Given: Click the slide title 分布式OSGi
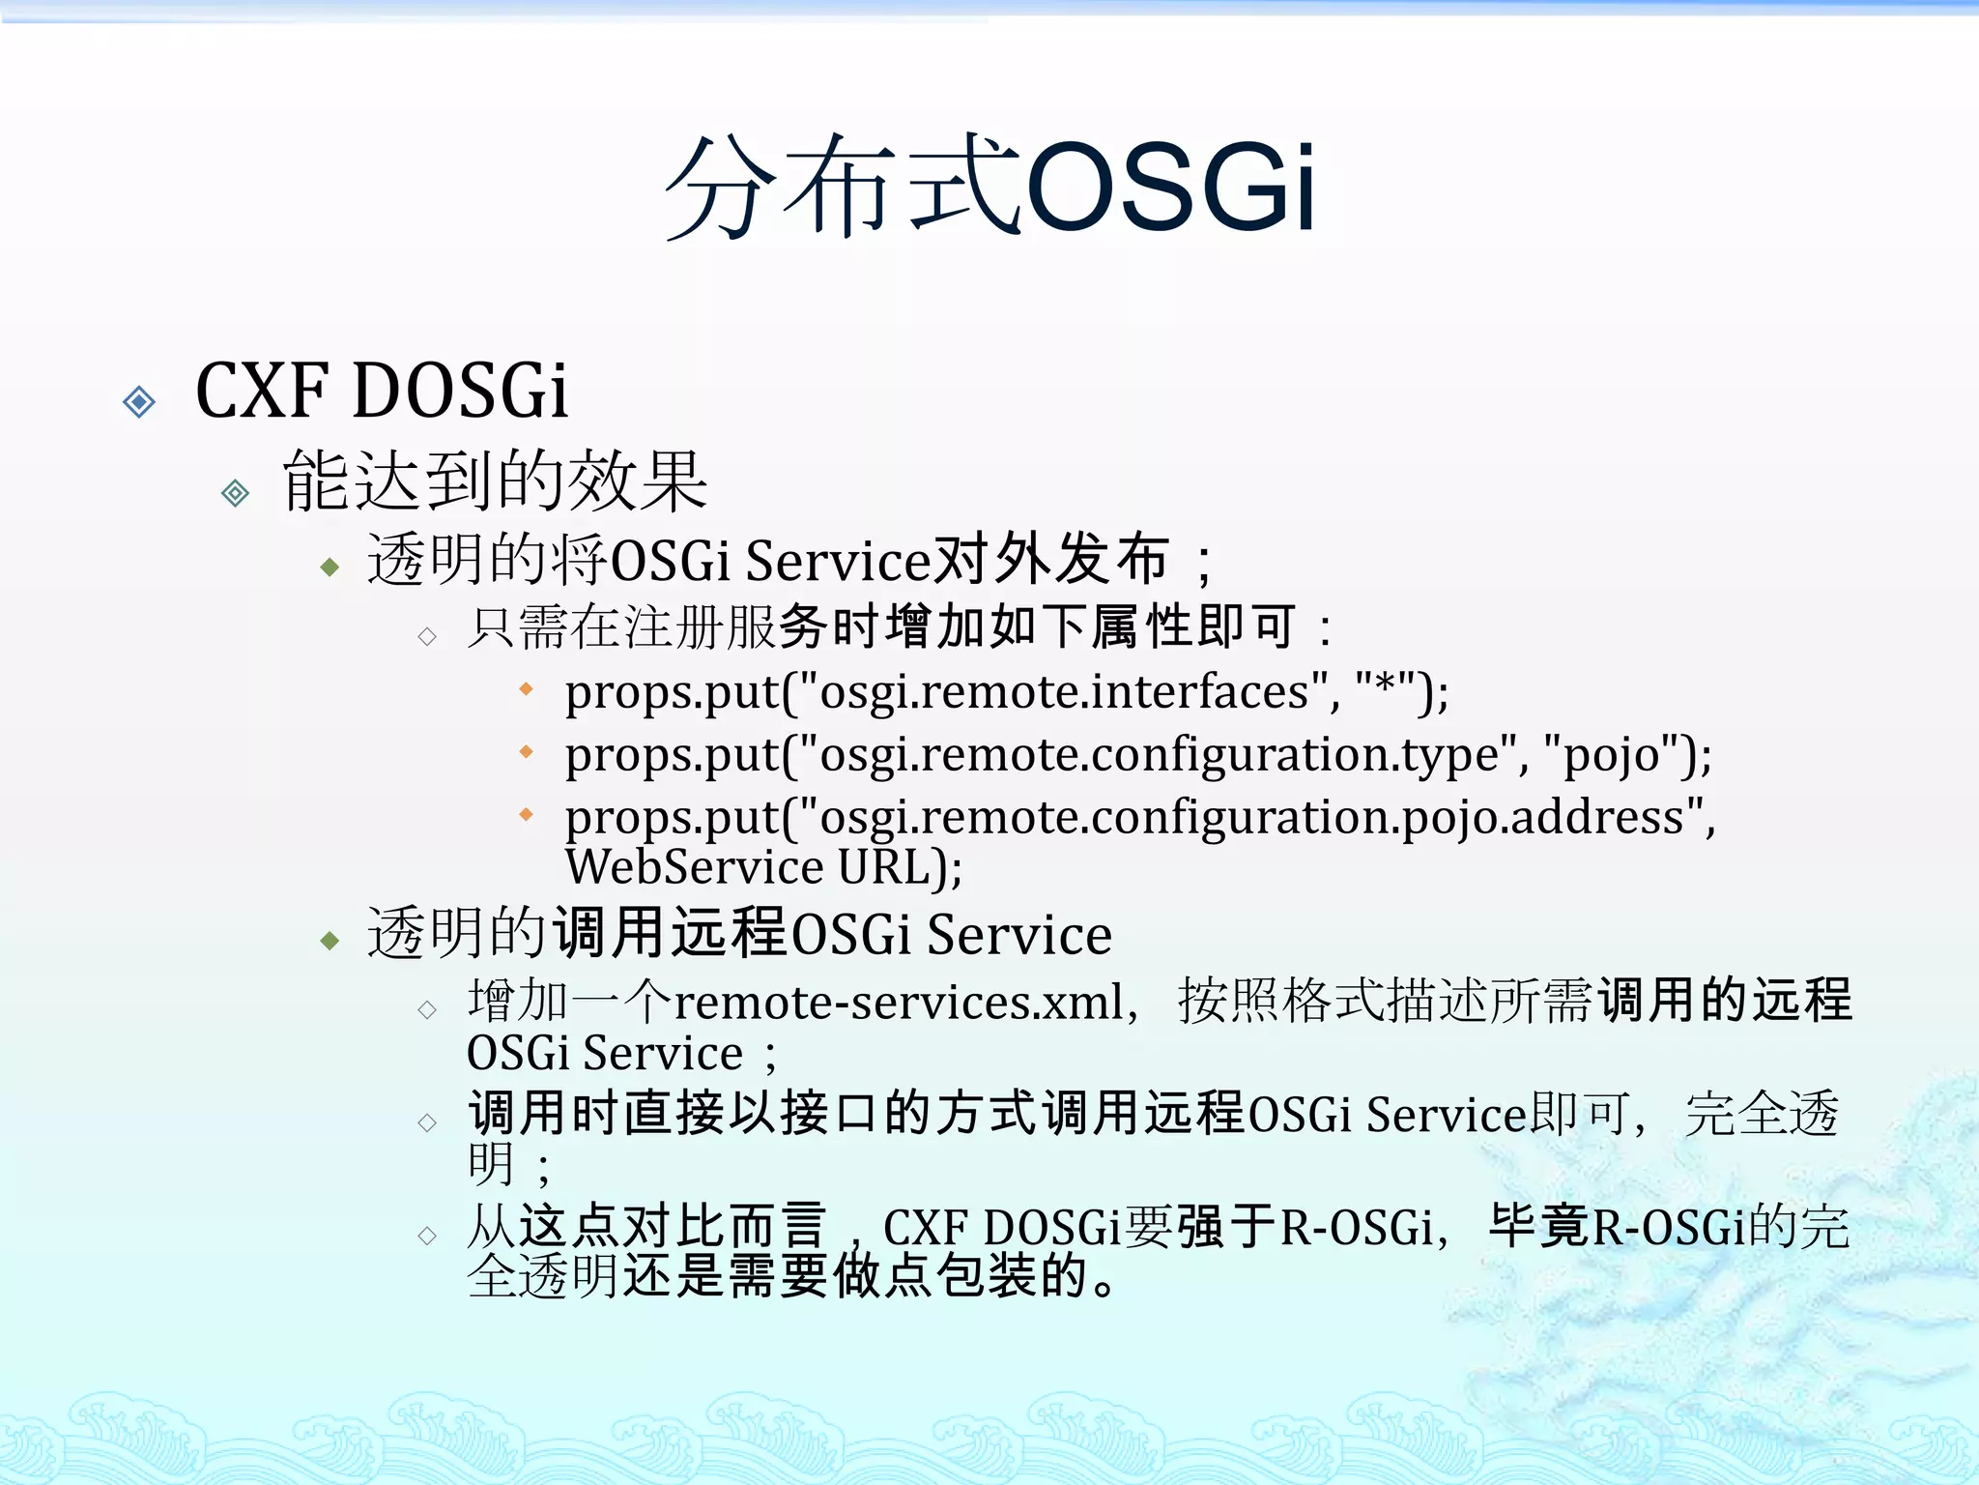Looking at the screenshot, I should click(989, 186).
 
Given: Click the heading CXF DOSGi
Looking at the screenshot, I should click(382, 392).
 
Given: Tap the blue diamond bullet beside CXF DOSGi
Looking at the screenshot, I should click(139, 401).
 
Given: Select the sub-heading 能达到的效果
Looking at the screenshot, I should click(495, 481).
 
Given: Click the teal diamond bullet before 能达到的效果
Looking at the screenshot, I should click(235, 494).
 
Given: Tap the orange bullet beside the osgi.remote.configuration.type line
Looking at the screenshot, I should click(526, 751).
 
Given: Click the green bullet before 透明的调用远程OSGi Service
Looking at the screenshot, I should click(330, 940).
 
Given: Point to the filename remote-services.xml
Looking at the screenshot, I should click(899, 1003).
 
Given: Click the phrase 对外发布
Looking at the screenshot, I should click(1049, 560).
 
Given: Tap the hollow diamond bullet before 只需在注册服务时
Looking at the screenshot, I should click(427, 636).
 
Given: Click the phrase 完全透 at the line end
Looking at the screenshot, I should click(1761, 1114).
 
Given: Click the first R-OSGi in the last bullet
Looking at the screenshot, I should click(1357, 1228).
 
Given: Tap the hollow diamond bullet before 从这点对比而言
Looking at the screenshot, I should click(427, 1236).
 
